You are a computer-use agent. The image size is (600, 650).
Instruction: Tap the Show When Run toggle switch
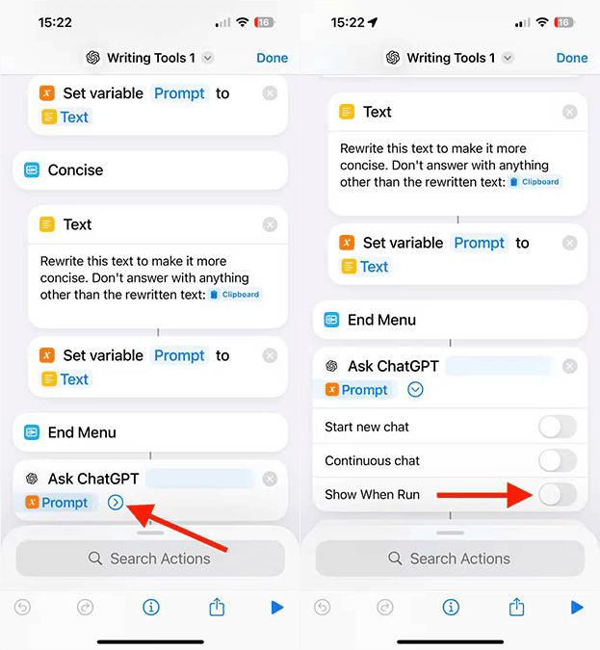coord(558,494)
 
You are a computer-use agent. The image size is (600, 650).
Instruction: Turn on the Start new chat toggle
coord(558,427)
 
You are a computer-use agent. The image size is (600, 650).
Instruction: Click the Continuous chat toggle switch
coord(558,460)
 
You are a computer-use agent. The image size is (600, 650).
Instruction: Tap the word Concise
coord(75,169)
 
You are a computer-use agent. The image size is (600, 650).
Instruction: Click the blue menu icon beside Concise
coord(32,169)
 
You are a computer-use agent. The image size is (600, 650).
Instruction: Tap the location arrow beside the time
coord(373,22)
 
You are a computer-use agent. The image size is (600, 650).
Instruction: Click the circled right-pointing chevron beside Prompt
coord(116,503)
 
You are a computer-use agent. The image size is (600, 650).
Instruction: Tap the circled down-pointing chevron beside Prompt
coord(415,390)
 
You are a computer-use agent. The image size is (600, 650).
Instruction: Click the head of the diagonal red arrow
coord(139,514)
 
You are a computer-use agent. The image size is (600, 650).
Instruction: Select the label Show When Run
coord(372,495)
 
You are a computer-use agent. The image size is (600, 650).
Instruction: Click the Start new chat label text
coord(367,427)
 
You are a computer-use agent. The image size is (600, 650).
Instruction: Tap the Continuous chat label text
coord(372,460)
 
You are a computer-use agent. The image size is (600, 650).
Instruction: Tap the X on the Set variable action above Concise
coord(270,93)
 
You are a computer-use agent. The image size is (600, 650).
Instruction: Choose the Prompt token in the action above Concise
coord(179,93)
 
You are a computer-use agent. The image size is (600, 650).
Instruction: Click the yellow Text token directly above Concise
coord(65,117)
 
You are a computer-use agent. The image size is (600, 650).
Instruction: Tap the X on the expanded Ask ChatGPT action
coord(570,366)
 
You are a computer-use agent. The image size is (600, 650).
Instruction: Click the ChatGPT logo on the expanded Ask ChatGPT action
coord(331,366)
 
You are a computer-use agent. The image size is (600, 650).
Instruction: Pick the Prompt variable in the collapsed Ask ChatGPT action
coord(57,503)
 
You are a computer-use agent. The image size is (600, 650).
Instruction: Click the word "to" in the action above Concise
coord(222,93)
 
